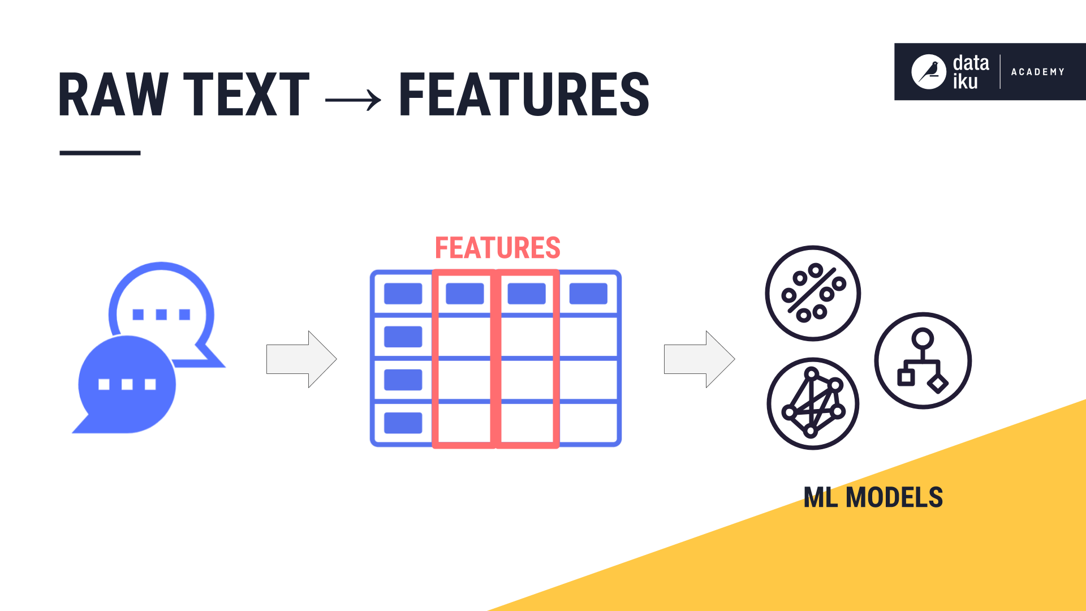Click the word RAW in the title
point(113,94)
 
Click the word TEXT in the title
point(247,94)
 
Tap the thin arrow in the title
point(353,100)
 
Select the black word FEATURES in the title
point(524,94)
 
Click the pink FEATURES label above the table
point(498,248)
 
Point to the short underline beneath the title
point(100,153)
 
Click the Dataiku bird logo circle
point(928,72)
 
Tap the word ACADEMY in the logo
point(1037,72)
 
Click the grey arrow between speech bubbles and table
point(301,359)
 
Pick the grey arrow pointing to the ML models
point(699,359)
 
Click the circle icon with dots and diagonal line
point(813,293)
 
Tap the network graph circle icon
point(813,403)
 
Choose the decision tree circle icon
point(923,360)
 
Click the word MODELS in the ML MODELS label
point(894,498)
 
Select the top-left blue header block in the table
point(403,294)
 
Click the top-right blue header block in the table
point(588,294)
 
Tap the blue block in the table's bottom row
point(403,423)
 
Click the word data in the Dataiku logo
point(971,63)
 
